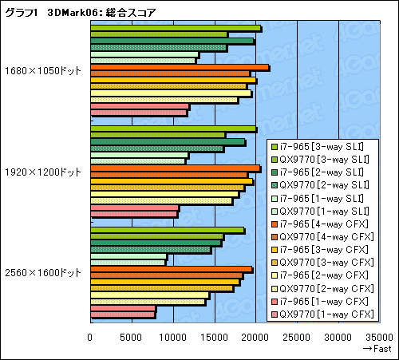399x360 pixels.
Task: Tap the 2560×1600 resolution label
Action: click(x=43, y=272)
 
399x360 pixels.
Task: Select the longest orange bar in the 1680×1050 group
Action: click(x=180, y=68)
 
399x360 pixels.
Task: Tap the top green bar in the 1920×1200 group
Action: click(x=173, y=129)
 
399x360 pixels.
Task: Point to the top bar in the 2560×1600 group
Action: click(x=167, y=230)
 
